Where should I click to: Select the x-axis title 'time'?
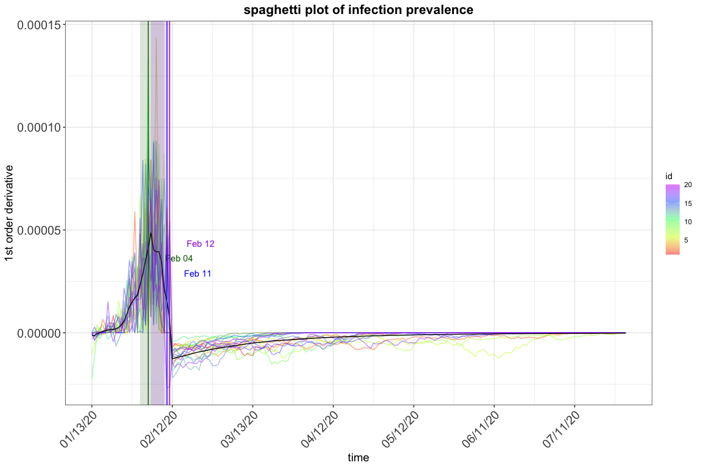pyautogui.click(x=358, y=457)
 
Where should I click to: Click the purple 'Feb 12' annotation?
pyautogui.click(x=200, y=244)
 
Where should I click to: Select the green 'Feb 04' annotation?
pyautogui.click(x=179, y=258)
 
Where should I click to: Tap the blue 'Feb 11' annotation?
pyautogui.click(x=197, y=274)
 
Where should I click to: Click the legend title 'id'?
pyautogui.click(x=669, y=176)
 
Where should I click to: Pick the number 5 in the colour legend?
pyautogui.click(x=686, y=240)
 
